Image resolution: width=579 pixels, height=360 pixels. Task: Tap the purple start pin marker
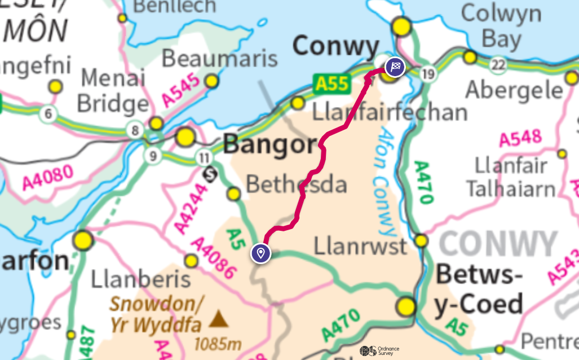coord(260,253)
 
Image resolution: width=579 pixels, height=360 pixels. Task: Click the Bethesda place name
coord(297,184)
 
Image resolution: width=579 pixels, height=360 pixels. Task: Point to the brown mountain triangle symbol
coord(219,320)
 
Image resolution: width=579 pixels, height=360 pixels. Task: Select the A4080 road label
coord(48,177)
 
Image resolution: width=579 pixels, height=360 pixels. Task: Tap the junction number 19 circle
coord(429,74)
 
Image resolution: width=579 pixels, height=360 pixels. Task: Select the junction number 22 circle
coord(497,65)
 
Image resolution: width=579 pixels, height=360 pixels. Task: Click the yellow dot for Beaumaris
coord(211,81)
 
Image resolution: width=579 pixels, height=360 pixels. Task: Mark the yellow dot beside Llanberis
coord(192,261)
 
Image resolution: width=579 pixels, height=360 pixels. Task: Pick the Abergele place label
coord(514,90)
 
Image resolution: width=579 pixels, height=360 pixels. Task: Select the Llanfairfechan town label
coord(390,112)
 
